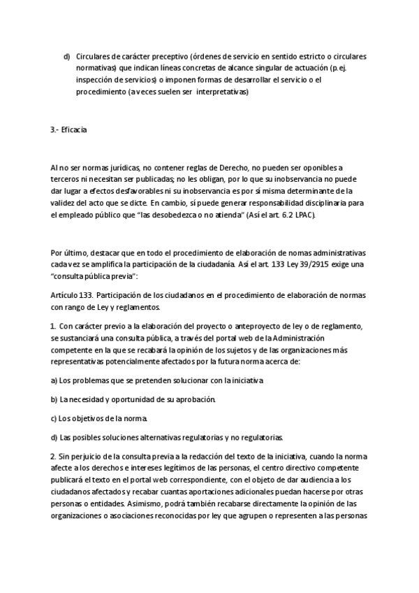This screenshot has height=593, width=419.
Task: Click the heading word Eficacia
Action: tap(74, 129)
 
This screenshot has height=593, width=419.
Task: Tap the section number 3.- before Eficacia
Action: tap(55, 129)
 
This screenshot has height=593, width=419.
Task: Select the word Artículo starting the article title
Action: tap(67, 296)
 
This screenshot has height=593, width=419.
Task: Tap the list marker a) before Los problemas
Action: tap(54, 380)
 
